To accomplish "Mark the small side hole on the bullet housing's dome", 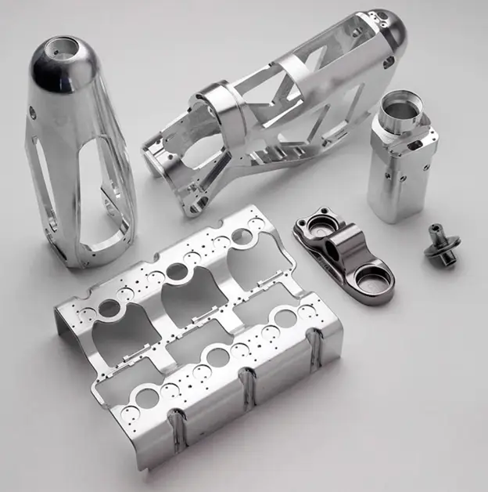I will pyautogui.click(x=32, y=113).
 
